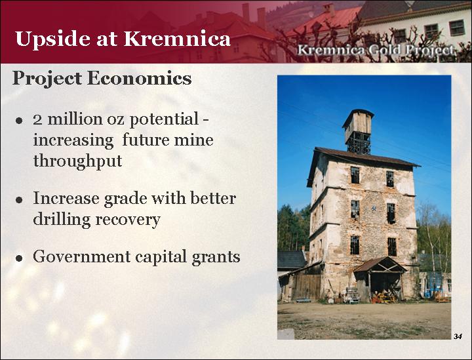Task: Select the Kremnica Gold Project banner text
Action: pos(376,50)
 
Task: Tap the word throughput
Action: pos(77,161)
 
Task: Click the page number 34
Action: pos(458,336)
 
